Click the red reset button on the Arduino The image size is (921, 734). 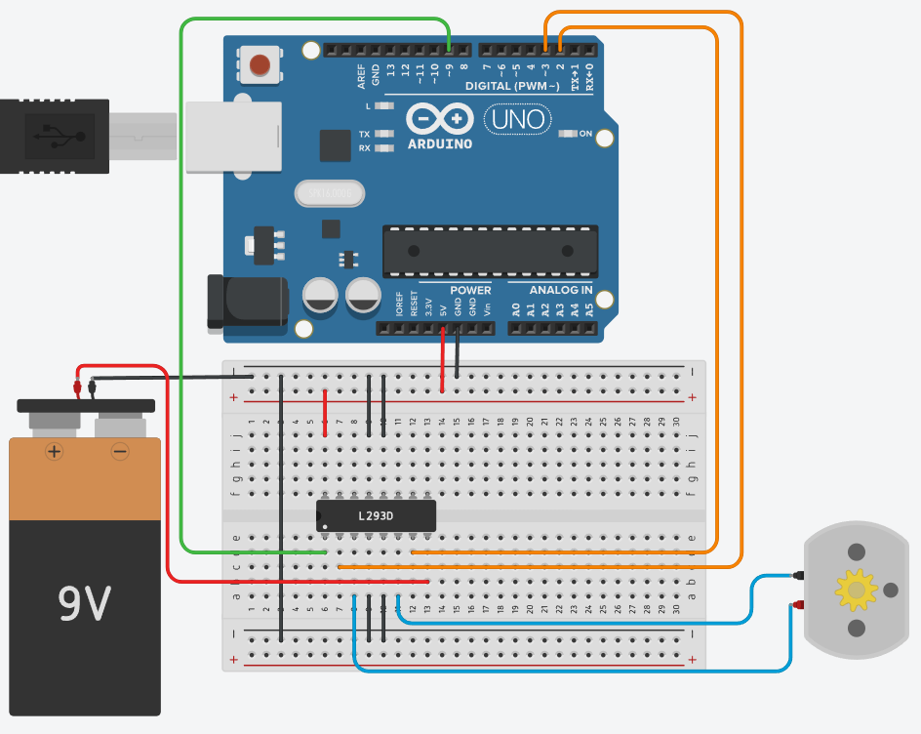260,65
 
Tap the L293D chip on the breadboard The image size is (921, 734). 376,515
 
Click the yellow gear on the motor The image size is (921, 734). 857,589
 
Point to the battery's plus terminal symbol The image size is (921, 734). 55,451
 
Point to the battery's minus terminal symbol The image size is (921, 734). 120,451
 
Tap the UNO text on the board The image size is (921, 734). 518,120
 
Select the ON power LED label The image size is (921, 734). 585,134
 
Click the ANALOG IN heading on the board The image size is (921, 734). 561,290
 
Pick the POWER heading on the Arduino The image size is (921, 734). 470,290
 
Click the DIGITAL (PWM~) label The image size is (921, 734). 512,87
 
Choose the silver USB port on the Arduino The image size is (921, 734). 232,137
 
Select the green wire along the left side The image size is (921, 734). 181,293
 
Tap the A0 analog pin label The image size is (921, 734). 516,309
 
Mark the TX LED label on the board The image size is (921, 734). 364,134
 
